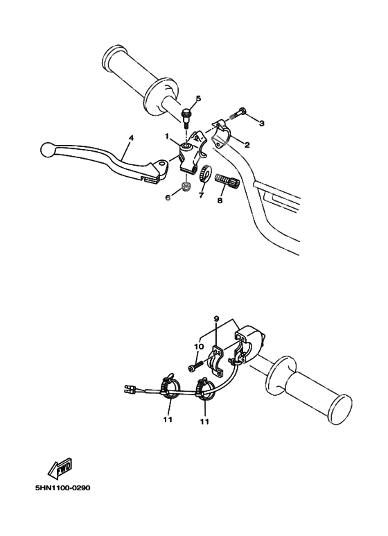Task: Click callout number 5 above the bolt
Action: click(x=198, y=98)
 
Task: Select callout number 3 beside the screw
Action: click(x=262, y=123)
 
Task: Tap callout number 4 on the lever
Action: click(x=131, y=138)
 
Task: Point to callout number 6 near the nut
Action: click(x=168, y=198)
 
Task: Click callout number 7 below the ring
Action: click(x=201, y=195)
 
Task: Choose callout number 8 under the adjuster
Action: click(x=220, y=200)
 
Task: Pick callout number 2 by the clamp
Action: click(x=247, y=145)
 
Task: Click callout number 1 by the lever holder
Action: click(x=168, y=137)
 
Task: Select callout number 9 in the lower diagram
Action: click(x=217, y=318)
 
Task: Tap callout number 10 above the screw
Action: click(x=199, y=347)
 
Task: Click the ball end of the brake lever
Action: click(x=46, y=149)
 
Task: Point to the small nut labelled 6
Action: click(x=186, y=187)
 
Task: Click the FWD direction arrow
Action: click(x=61, y=468)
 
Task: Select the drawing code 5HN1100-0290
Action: click(x=63, y=487)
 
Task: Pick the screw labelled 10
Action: click(x=196, y=365)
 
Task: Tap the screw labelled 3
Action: click(x=237, y=114)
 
